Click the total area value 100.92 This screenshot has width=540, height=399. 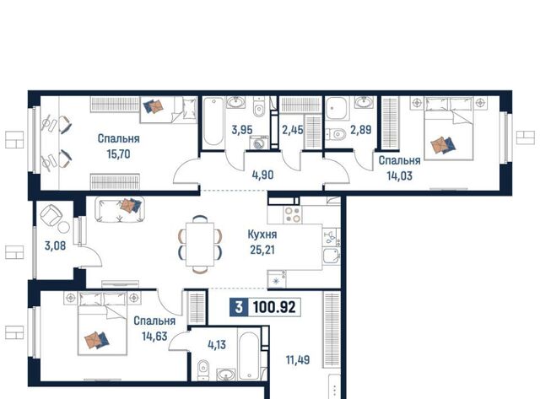coord(274,307)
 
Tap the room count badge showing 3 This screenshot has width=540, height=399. coord(239,307)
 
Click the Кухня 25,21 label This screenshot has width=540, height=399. coord(262,242)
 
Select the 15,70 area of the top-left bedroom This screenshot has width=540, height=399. coord(118,154)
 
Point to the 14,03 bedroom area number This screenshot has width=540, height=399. coord(399,176)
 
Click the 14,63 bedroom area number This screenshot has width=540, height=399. coord(154,336)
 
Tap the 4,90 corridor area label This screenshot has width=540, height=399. coord(262,175)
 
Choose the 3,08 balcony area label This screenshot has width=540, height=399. coord(55,245)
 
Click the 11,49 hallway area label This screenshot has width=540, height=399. coord(298,360)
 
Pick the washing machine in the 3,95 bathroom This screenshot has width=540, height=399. coord(259,143)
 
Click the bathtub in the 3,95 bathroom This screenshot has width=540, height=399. coord(213,121)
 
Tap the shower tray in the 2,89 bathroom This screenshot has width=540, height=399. coord(337,108)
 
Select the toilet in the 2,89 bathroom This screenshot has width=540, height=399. coord(335,133)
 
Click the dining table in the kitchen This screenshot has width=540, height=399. coord(200,245)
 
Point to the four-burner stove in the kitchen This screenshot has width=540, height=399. coord(293,214)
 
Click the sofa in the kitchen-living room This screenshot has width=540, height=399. coord(120,209)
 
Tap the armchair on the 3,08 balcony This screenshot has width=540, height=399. coord(51,215)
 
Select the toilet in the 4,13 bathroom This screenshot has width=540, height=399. coord(203,369)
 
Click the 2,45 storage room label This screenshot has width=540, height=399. coord(293,130)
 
